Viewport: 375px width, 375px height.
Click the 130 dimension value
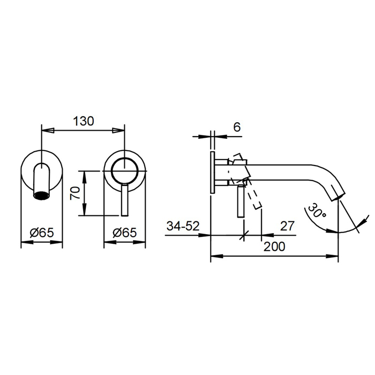(x=84, y=121)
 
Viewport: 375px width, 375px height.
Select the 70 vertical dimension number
(x=75, y=193)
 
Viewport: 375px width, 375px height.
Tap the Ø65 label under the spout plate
(x=42, y=232)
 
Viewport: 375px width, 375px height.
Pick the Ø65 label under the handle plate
(x=125, y=232)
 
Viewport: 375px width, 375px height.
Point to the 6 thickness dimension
(x=237, y=127)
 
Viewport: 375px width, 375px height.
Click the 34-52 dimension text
(x=183, y=226)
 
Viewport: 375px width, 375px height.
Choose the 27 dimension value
(x=287, y=226)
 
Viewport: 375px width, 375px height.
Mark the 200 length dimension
(x=274, y=246)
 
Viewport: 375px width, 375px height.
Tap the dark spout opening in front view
(x=42, y=196)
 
